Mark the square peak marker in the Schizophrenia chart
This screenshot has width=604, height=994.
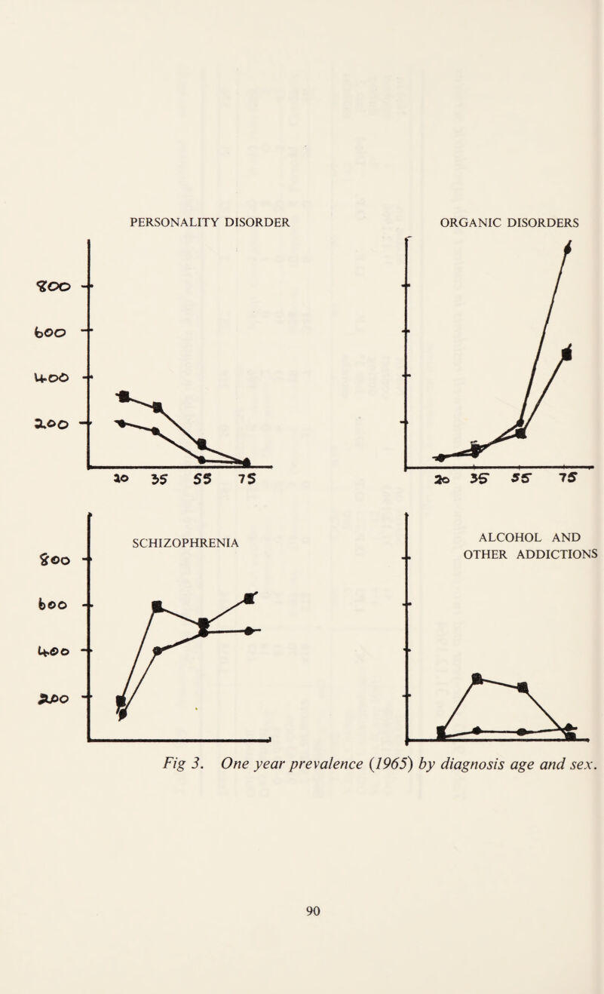pos(158,584)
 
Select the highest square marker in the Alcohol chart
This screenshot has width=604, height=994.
pos(476,678)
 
